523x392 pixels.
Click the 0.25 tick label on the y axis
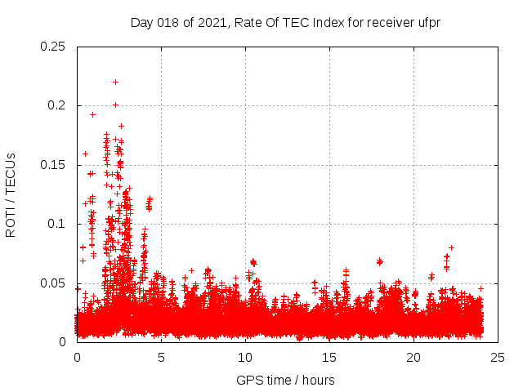[53, 47]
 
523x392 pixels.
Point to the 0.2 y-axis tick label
[56, 105]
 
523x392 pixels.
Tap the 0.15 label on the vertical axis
[53, 165]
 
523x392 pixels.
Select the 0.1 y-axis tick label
[56, 224]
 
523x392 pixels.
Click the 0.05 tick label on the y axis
[53, 283]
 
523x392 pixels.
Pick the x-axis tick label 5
[161, 357]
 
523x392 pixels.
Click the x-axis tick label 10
[245, 357]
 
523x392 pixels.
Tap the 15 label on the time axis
[329, 357]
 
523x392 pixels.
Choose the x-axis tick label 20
[413, 357]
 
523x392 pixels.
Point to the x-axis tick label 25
[498, 357]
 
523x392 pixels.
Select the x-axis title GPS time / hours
[285, 380]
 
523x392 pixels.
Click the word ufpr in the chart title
[428, 22]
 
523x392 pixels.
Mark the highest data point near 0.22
[115, 82]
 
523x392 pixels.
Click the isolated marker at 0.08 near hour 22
[451, 247]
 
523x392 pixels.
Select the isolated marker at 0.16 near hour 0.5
[85, 154]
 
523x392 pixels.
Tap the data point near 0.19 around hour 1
[92, 114]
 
